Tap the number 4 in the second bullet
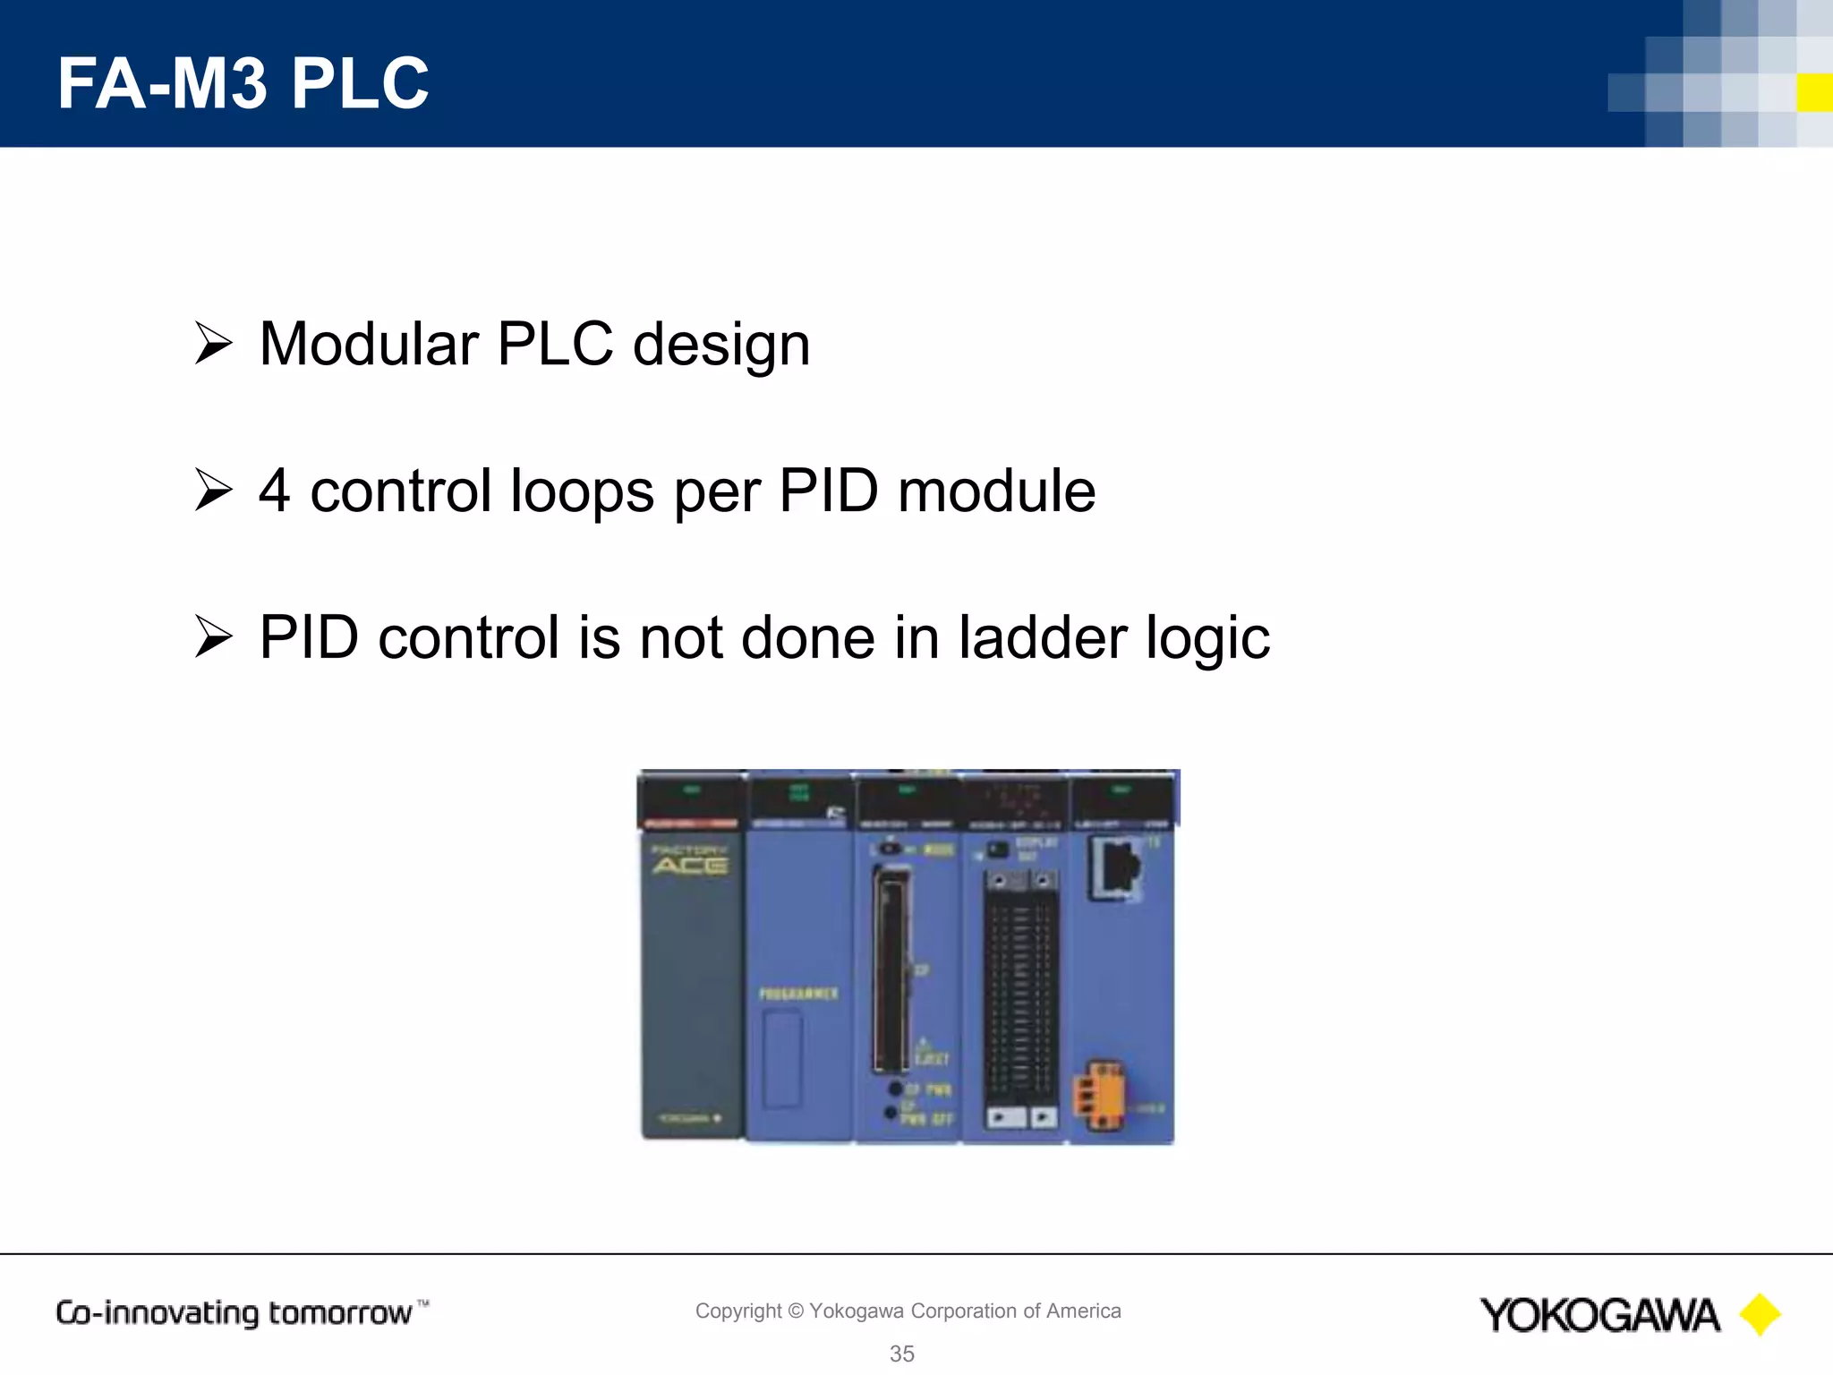(274, 491)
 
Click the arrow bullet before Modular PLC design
(213, 344)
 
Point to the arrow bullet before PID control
(213, 637)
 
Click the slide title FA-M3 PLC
(243, 83)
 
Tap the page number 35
(901, 1354)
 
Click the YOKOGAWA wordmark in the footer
(1599, 1316)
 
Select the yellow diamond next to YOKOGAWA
(1760, 1315)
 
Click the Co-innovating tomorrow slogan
(234, 1313)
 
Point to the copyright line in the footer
(908, 1311)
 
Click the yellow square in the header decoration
(1814, 92)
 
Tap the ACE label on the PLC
(690, 865)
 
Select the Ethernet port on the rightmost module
(1116, 866)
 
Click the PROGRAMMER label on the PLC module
(798, 994)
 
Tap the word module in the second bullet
(996, 491)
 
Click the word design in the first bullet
(720, 346)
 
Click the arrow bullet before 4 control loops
(213, 491)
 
